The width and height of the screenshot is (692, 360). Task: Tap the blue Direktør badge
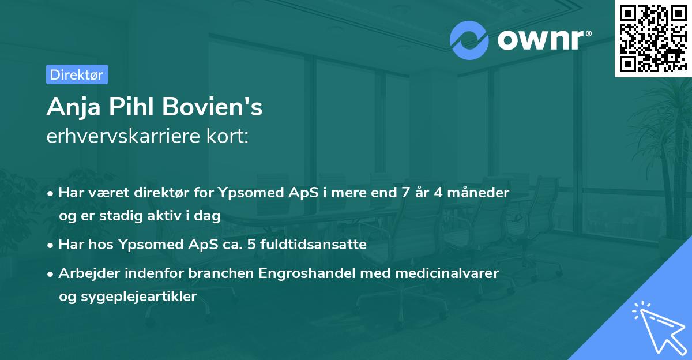(77, 74)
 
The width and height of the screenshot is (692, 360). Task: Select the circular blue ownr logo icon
(469, 39)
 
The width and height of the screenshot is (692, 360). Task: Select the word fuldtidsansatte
(317, 244)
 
